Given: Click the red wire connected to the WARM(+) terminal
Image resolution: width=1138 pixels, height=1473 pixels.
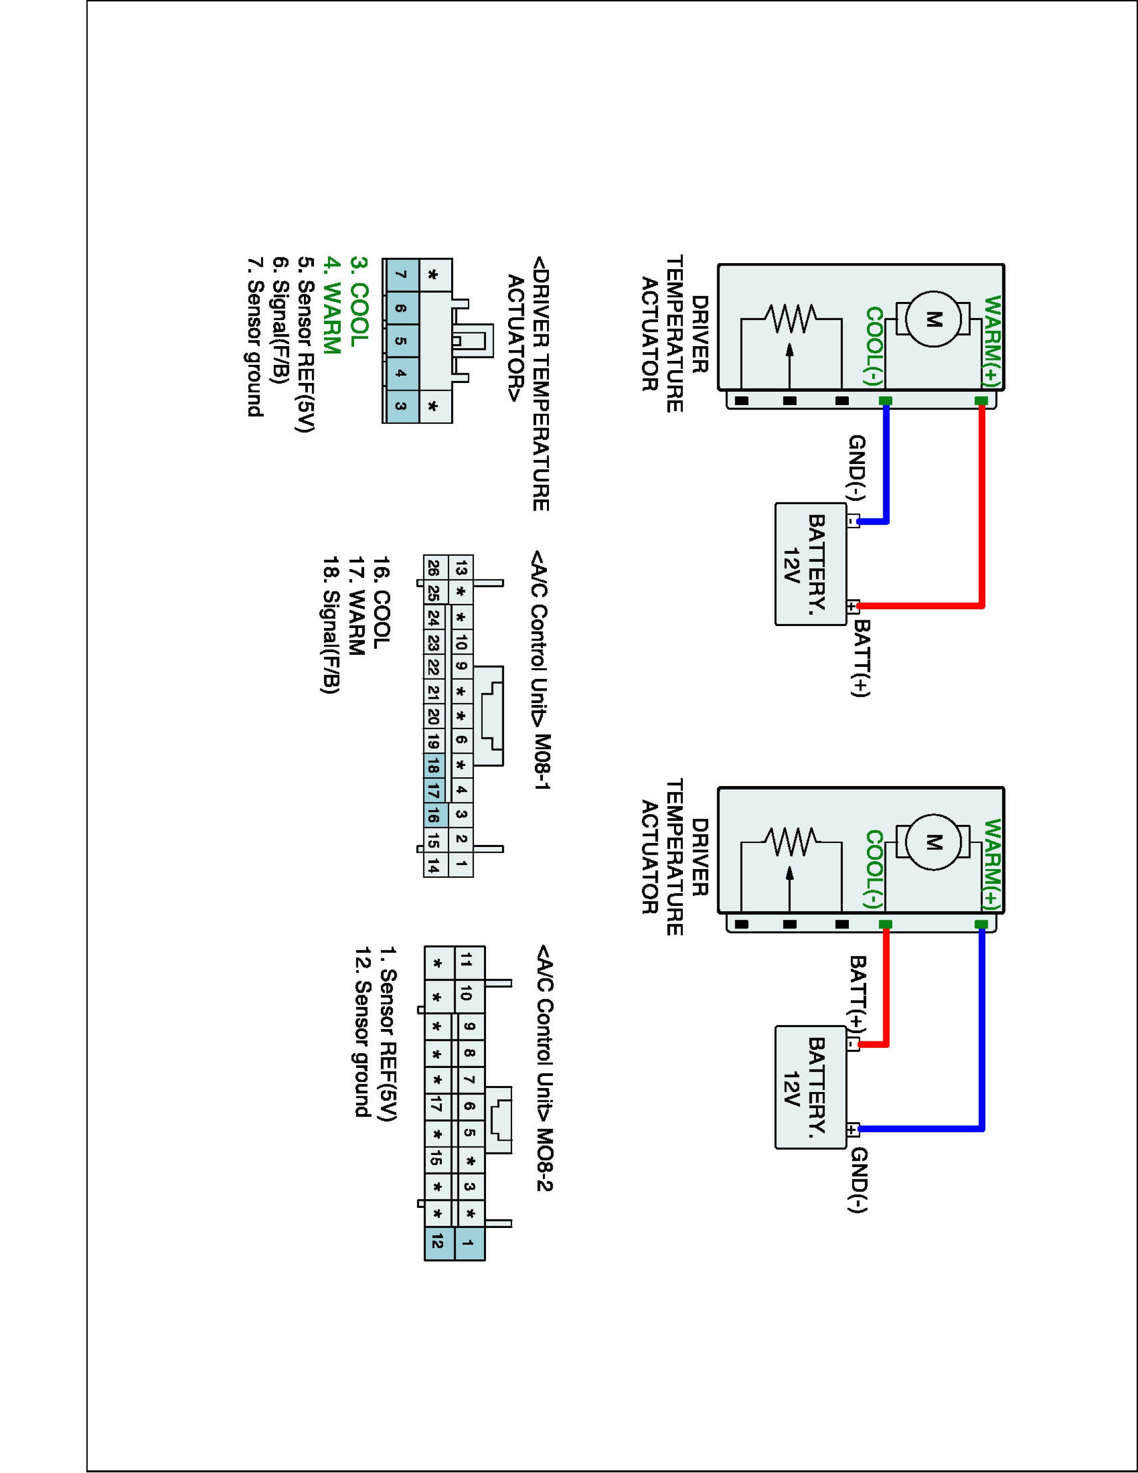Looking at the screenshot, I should (x=981, y=506).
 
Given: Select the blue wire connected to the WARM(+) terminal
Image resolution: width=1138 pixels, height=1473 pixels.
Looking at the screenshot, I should (x=981, y=1032).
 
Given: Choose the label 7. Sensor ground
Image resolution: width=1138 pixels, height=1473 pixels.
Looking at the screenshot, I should (x=255, y=337).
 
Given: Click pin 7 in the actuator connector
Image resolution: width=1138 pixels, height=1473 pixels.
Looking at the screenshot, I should (x=401, y=274).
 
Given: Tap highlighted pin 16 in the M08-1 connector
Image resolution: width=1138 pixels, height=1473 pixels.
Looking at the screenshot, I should (x=434, y=817).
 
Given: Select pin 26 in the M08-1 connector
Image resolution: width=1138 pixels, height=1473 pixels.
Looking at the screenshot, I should (x=434, y=569).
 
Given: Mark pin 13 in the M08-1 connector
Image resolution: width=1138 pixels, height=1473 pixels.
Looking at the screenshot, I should (x=461, y=569).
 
